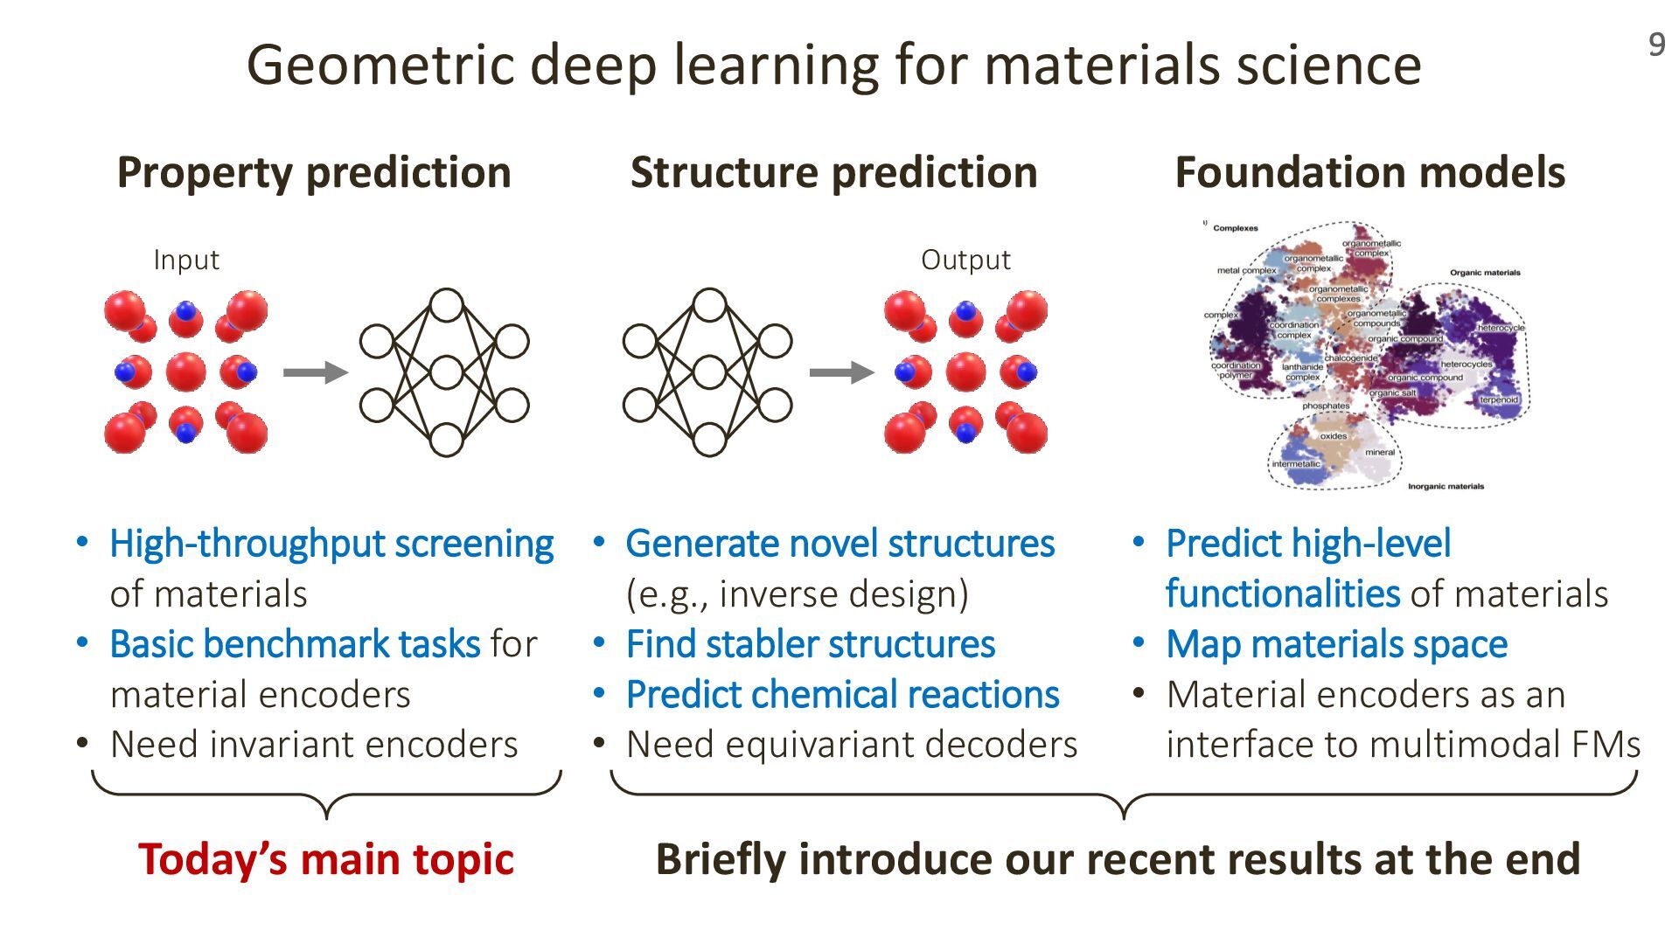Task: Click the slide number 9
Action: [1656, 45]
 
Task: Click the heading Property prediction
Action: [314, 172]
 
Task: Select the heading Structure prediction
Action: [833, 172]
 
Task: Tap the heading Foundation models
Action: [1369, 172]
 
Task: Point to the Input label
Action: [185, 260]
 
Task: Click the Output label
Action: [965, 260]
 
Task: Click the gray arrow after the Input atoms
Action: [315, 372]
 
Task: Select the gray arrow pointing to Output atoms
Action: [840, 372]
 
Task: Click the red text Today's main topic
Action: [326, 859]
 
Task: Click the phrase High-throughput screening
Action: [331, 544]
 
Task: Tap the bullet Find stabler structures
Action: [811, 644]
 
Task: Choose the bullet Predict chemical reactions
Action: [842, 695]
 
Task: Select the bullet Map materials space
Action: [1336, 644]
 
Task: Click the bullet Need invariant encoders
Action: [314, 745]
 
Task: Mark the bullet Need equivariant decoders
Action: [852, 745]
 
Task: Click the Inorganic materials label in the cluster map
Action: [1446, 486]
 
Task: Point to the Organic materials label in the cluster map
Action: [1485, 273]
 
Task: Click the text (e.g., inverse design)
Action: [797, 594]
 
